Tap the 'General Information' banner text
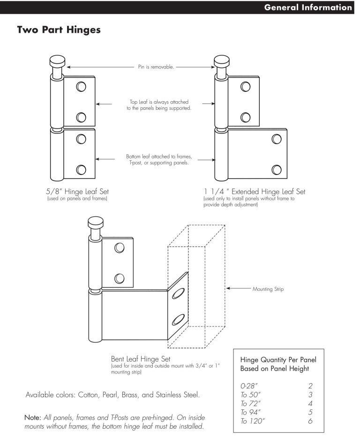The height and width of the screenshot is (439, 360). tap(308, 8)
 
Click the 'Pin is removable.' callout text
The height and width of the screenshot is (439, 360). tap(156, 67)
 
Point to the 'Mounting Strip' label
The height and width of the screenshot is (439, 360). tap(268, 289)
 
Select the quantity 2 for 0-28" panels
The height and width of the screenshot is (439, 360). tap(310, 386)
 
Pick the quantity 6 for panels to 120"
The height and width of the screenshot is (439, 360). tap(310, 421)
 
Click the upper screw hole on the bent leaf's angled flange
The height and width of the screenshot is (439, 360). tap(178, 294)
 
